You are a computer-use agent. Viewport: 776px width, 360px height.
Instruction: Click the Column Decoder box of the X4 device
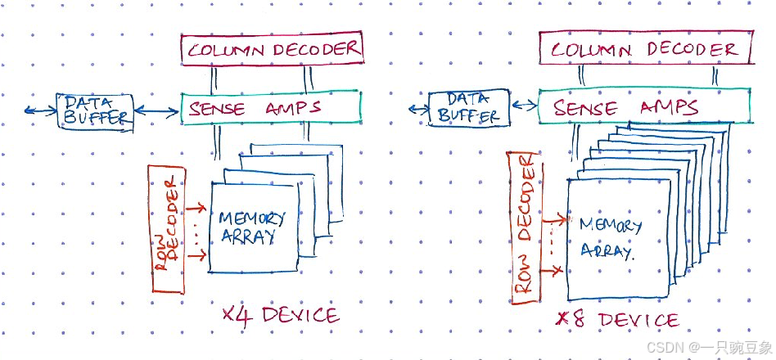[x=272, y=49]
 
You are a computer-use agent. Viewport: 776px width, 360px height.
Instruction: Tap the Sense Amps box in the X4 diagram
[x=270, y=106]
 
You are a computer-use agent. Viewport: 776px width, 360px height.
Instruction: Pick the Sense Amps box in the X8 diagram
[x=644, y=106]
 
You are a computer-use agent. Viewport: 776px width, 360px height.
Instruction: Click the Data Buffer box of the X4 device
[x=96, y=110]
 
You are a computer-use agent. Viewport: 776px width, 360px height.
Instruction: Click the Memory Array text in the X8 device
[x=610, y=237]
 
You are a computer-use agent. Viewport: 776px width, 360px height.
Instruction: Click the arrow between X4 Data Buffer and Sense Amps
[x=156, y=109]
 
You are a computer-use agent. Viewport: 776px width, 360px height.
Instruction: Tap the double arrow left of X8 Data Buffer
[x=418, y=107]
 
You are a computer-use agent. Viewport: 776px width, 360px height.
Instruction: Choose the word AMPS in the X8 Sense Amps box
[x=668, y=107]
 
